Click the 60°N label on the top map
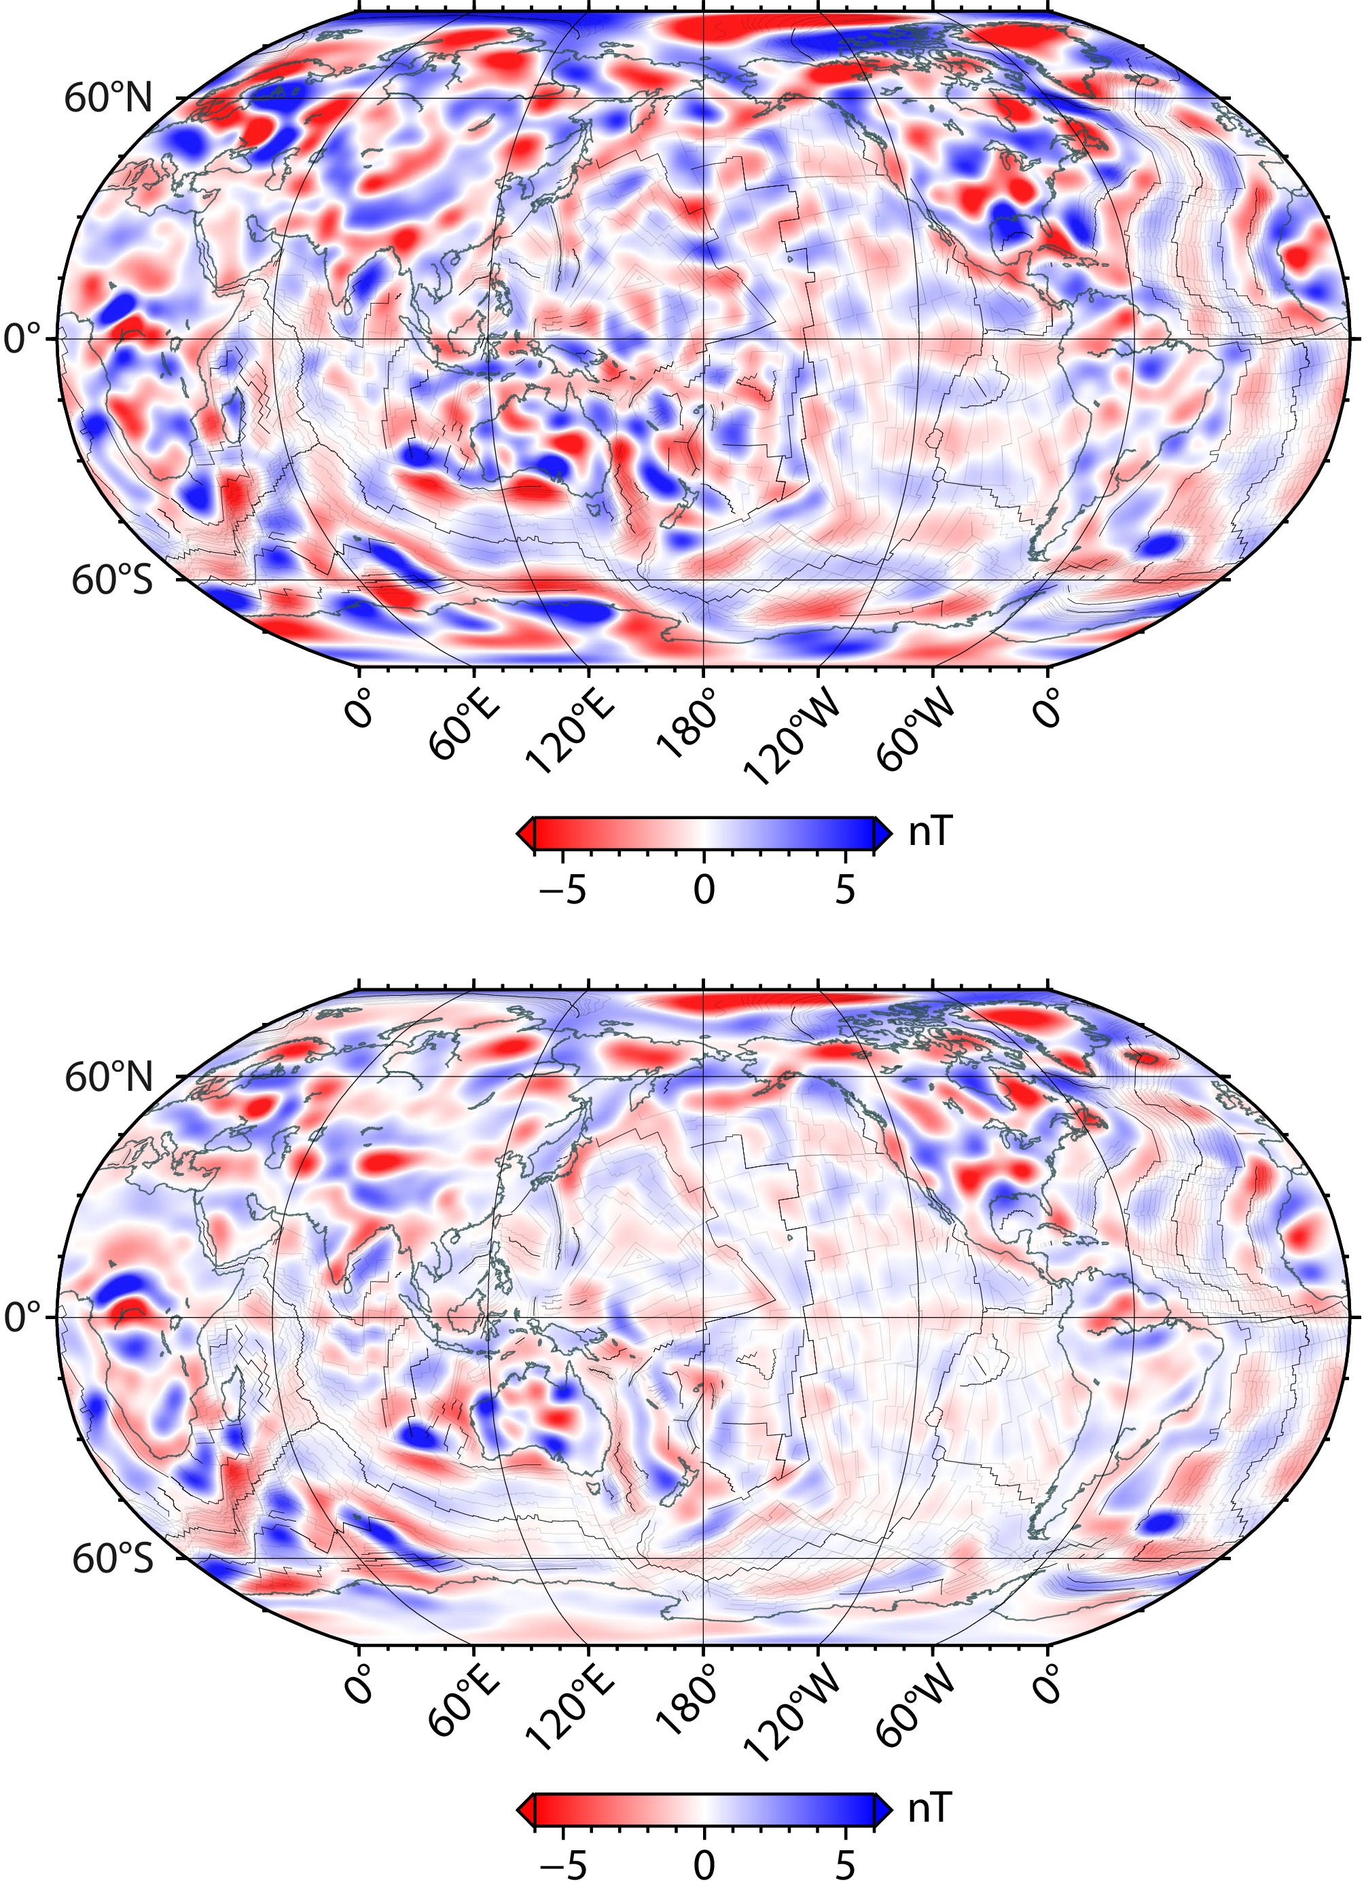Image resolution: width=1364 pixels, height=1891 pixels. (109, 99)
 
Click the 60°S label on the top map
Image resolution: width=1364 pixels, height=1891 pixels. (113, 580)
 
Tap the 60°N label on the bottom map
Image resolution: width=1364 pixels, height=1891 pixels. (109, 1077)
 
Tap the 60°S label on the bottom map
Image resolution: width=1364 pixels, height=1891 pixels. (113, 1558)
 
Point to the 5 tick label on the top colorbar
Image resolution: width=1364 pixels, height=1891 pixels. (846, 890)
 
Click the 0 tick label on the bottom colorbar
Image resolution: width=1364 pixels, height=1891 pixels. (704, 1868)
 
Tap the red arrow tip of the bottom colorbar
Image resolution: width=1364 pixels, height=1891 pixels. (525, 1810)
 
